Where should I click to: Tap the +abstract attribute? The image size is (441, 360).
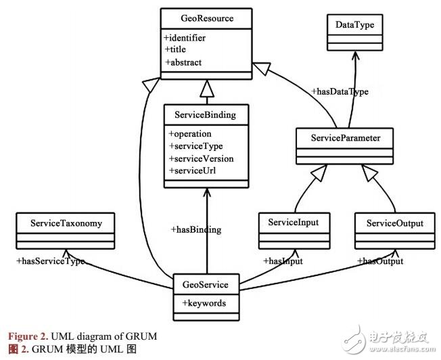(185, 62)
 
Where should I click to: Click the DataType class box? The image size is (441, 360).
(354, 25)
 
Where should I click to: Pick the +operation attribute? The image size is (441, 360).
(190, 134)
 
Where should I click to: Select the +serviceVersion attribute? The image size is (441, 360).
(201, 158)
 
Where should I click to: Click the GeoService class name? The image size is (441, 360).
(206, 285)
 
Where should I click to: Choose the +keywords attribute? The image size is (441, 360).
(204, 303)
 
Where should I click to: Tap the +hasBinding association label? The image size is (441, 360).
(195, 230)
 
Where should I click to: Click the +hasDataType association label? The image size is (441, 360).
(340, 92)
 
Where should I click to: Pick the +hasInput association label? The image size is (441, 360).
(283, 261)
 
